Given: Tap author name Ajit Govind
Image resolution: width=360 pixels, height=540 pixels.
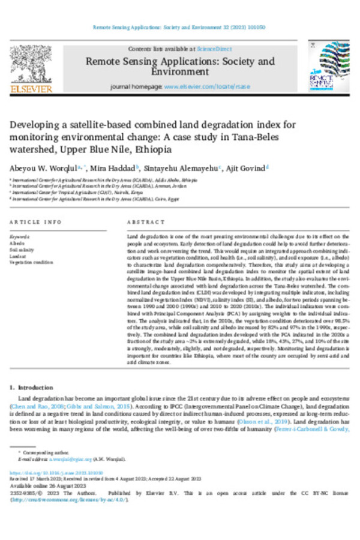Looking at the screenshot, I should click(x=248, y=168).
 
